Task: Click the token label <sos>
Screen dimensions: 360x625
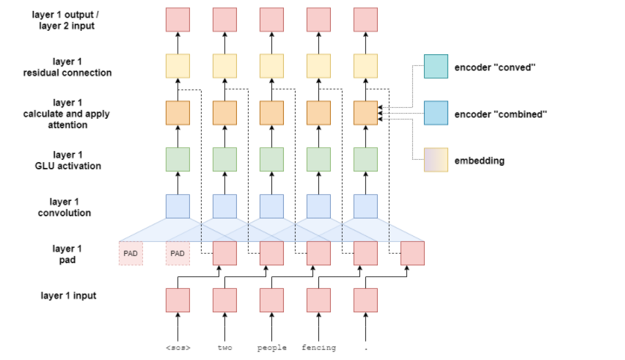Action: pyautogui.click(x=178, y=347)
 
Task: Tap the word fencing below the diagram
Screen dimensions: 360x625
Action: pyautogui.click(x=318, y=347)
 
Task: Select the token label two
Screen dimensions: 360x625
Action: pyautogui.click(x=224, y=347)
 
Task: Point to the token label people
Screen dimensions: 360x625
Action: pyautogui.click(x=271, y=347)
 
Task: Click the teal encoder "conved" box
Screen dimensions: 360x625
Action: pyautogui.click(x=436, y=67)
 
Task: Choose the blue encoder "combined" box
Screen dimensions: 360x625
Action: pyautogui.click(x=436, y=113)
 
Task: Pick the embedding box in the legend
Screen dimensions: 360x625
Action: pyautogui.click(x=436, y=160)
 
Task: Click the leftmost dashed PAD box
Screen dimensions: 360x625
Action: pyautogui.click(x=131, y=254)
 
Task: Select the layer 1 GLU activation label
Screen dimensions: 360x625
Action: pyautogui.click(x=66, y=160)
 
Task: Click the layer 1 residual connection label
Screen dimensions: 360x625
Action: pyautogui.click(x=66, y=67)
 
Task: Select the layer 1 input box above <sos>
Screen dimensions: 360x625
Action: pyautogui.click(x=178, y=300)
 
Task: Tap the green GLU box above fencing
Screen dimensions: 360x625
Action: pyautogui.click(x=318, y=160)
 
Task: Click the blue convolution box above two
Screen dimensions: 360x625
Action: pyautogui.click(x=224, y=207)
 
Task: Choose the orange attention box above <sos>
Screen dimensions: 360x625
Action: pyautogui.click(x=178, y=113)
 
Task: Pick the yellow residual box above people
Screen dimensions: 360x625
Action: pyautogui.click(x=271, y=67)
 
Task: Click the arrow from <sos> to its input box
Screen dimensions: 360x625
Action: pyautogui.click(x=178, y=326)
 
